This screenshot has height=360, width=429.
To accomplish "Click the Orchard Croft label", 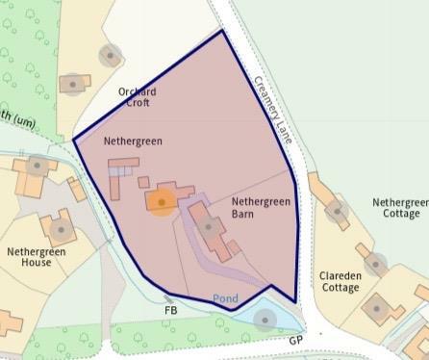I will pyautogui.click(x=138, y=97).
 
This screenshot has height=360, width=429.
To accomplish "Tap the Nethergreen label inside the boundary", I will pyautogui.click(x=134, y=141).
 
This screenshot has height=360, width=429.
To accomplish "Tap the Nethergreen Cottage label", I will pyautogui.click(x=400, y=208).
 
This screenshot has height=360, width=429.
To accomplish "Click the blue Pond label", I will pyautogui.click(x=225, y=298).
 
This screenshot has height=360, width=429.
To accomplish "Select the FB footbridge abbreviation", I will pyautogui.click(x=170, y=311).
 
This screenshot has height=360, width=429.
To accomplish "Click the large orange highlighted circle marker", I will pyautogui.click(x=161, y=202).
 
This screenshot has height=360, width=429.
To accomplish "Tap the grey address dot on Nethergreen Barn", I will pyautogui.click(x=209, y=228).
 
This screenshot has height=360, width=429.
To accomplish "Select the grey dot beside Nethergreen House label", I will pyautogui.click(x=61, y=230).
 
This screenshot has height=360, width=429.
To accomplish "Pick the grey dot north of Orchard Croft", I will pyautogui.click(x=110, y=55).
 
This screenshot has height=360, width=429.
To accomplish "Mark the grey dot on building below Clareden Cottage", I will pyautogui.click(x=376, y=309).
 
